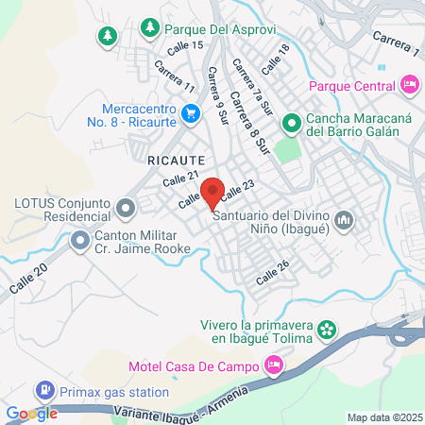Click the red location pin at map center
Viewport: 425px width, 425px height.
(x=212, y=192)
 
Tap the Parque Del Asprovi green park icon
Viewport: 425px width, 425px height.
(x=148, y=28)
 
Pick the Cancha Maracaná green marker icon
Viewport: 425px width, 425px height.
(x=292, y=122)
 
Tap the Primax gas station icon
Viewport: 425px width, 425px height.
(x=43, y=389)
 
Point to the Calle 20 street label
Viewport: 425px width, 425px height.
(x=28, y=279)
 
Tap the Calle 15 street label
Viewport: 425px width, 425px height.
(x=184, y=45)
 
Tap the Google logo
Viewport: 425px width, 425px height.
(x=32, y=413)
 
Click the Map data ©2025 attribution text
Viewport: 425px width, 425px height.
(x=385, y=417)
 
